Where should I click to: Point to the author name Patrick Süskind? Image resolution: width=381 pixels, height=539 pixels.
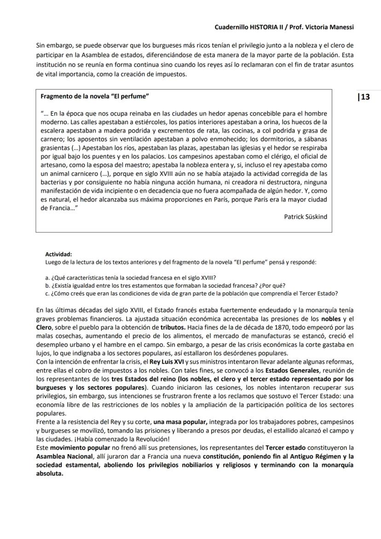[306, 216]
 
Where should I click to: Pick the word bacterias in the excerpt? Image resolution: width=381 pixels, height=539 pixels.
[55, 182]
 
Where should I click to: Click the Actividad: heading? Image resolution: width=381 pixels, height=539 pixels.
[58, 254]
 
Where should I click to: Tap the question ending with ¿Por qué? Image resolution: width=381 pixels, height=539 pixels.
[165, 285]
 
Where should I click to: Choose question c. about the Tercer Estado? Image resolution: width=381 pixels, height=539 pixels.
[192, 293]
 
